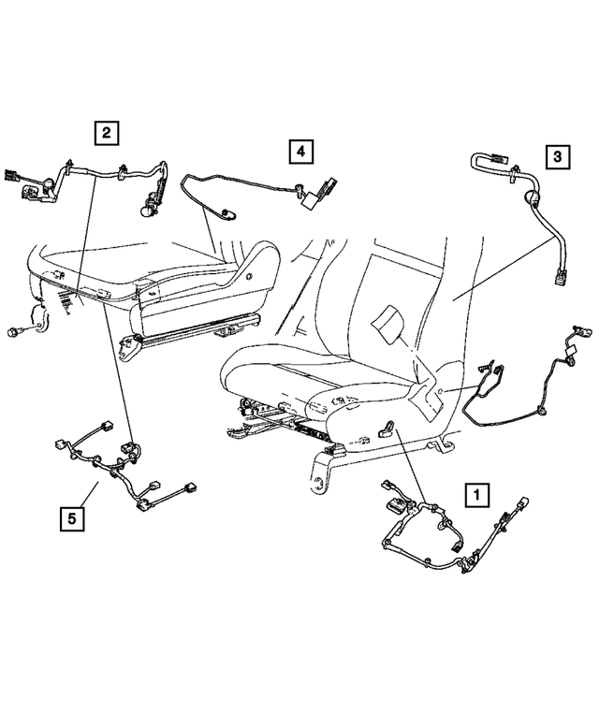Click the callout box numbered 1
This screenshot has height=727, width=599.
(x=476, y=492)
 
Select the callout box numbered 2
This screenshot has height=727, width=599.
(x=106, y=133)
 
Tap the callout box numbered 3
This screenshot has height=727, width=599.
(x=556, y=157)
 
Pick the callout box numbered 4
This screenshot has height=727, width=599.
(x=299, y=150)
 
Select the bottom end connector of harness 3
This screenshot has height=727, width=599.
(x=559, y=277)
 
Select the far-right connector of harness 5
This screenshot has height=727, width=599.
(x=192, y=487)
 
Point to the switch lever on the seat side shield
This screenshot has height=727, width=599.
(x=386, y=429)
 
